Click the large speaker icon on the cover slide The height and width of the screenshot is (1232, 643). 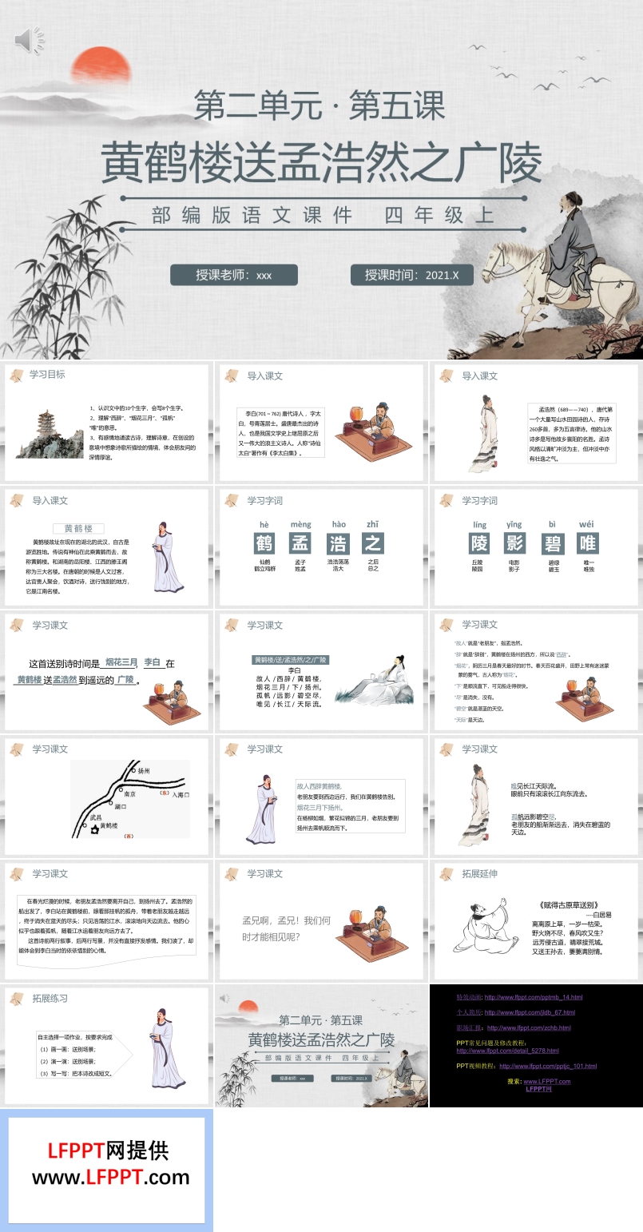[x=30, y=40]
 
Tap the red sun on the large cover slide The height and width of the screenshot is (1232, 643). [x=89, y=66]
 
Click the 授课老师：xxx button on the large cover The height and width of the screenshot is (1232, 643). [x=233, y=275]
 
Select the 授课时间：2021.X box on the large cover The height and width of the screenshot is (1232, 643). [x=411, y=275]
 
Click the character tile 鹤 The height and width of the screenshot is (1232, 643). [x=264, y=543]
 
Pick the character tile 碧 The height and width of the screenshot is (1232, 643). [x=552, y=543]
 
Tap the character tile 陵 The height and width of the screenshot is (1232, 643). [x=479, y=543]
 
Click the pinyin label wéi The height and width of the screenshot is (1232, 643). [x=587, y=524]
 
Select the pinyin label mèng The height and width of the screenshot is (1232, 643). [x=300, y=524]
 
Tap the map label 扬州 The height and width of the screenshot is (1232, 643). [x=144, y=772]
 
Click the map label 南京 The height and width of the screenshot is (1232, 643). [x=130, y=795]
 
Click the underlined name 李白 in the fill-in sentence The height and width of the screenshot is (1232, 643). [x=152, y=662]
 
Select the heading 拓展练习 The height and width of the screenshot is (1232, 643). [x=50, y=998]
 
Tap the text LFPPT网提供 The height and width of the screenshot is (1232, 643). [x=108, y=1151]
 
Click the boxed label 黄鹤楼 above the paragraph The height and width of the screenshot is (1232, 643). [x=79, y=528]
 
